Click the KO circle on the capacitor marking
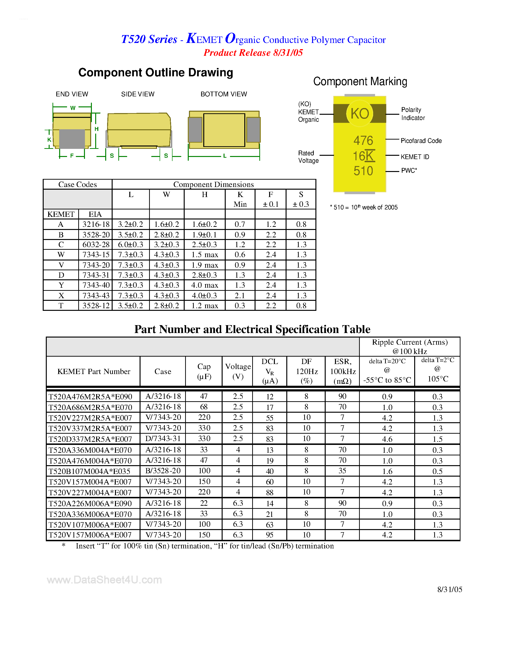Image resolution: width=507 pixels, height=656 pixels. pos(360,114)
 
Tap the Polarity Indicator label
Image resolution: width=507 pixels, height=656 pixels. pos(413,114)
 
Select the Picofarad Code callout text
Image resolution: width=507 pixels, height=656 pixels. pos(421,141)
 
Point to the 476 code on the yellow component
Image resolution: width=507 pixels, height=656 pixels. pos(363,141)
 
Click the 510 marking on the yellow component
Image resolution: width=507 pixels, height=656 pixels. pos(363,171)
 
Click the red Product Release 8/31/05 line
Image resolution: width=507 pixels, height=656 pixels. pos(253,53)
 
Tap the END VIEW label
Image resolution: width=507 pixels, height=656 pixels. pos(72,94)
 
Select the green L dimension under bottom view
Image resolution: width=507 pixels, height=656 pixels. pos(225,156)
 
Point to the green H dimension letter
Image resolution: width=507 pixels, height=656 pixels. pos(96,129)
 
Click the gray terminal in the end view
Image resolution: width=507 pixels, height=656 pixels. pos(72,139)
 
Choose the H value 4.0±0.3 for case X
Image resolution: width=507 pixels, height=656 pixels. pos(204,296)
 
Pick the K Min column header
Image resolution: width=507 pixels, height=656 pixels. pos(240,199)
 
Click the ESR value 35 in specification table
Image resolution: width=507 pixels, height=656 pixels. pos(342,471)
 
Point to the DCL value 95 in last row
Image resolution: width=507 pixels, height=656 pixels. pos(269,535)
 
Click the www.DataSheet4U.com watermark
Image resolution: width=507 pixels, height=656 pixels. pos(104,580)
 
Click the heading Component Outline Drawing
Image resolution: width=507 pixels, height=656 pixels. pos(156,73)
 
